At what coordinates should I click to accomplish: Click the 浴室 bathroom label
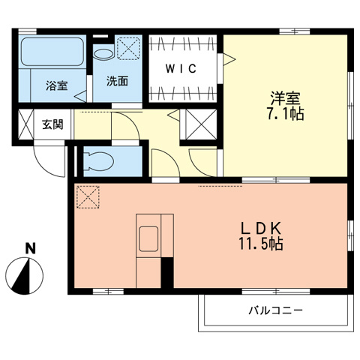pyautogui.click(x=56, y=85)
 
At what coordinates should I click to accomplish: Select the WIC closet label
pyautogui.click(x=181, y=69)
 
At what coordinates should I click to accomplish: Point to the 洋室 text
pyautogui.click(x=284, y=98)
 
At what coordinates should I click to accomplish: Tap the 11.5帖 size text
pyautogui.click(x=261, y=244)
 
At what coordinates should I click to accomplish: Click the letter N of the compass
pyautogui.click(x=30, y=248)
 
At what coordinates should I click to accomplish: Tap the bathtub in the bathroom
pyautogui.click(x=51, y=54)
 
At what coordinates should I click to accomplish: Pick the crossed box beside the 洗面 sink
pyautogui.click(x=128, y=49)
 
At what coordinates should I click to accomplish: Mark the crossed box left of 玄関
pyautogui.click(x=24, y=124)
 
